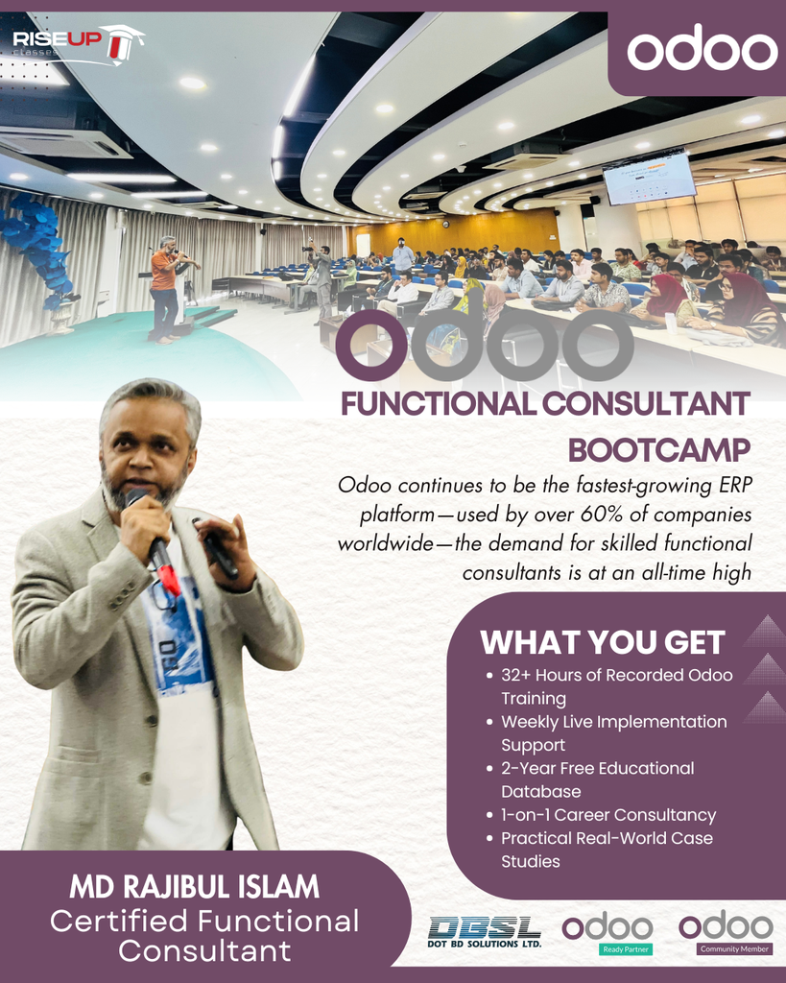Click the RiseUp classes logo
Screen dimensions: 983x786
(x=77, y=44)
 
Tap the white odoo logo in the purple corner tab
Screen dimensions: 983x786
(x=703, y=49)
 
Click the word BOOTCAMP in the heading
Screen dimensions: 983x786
(x=658, y=449)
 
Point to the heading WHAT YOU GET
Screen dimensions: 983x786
(x=602, y=641)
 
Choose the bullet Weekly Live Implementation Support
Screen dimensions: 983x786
(x=613, y=732)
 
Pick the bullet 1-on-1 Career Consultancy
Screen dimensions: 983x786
(x=608, y=815)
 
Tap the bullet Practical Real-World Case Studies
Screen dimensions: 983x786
(x=607, y=850)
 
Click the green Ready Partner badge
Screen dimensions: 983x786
(x=626, y=949)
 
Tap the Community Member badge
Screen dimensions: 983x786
(x=734, y=949)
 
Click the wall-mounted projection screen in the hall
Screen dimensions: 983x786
(x=650, y=178)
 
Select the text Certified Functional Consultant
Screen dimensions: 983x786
(x=204, y=936)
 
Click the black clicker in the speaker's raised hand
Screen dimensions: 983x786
(x=217, y=548)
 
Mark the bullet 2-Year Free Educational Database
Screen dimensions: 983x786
(x=597, y=779)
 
